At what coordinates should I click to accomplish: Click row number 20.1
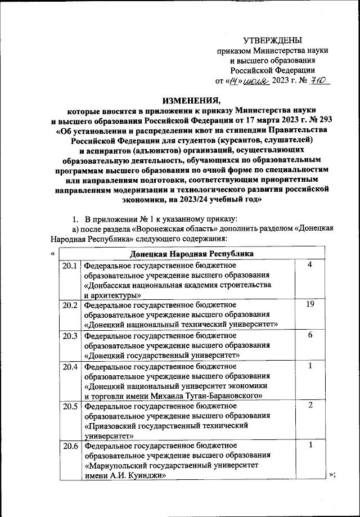pos(70,265)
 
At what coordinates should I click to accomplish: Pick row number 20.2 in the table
pos(70,304)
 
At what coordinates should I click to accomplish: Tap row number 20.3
pos(70,335)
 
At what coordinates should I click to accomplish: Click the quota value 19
pos(309,304)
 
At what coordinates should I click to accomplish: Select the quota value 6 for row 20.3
pos(309,335)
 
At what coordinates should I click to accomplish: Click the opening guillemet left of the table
pos(52,254)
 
